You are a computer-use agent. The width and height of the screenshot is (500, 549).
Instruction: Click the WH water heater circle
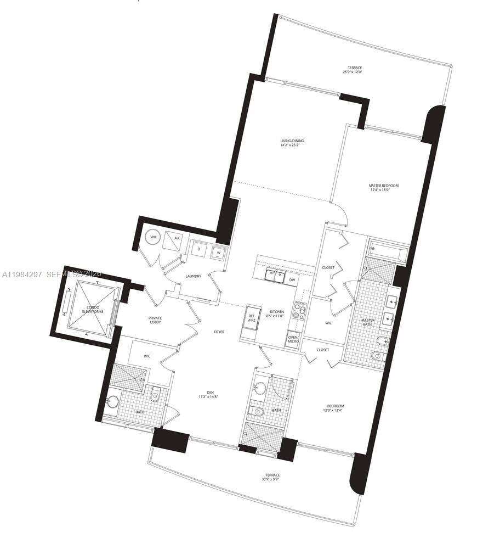[x=154, y=238]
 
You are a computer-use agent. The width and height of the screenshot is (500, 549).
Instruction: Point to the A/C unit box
[x=177, y=238]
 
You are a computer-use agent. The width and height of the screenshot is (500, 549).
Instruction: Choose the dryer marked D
[x=198, y=249]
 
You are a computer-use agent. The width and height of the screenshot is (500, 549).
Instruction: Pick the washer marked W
[x=219, y=253]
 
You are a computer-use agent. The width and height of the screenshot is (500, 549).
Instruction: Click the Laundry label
[x=193, y=276]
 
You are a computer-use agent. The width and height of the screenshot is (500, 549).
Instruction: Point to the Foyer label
[x=219, y=332]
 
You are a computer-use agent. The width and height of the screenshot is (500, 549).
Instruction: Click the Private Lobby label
[x=155, y=321]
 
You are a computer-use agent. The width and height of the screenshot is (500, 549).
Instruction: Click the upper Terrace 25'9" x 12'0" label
[x=353, y=70]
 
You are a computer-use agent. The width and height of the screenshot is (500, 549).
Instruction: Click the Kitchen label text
[x=276, y=313]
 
